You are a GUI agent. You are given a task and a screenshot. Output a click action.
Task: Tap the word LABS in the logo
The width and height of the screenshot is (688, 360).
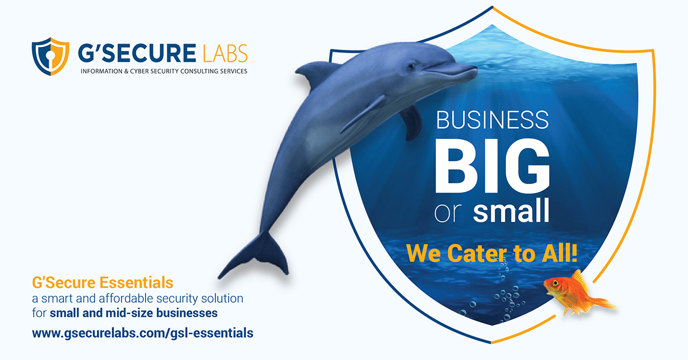(225, 54)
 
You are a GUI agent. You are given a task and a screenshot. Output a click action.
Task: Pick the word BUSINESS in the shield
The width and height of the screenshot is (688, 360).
(492, 120)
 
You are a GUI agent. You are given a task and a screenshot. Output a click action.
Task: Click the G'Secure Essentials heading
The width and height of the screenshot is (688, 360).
(103, 283)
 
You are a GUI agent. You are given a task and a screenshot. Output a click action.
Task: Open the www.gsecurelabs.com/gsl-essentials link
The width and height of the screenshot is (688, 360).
(142, 332)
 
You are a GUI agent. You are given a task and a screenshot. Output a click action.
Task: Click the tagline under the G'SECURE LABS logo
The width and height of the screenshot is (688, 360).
(163, 72)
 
